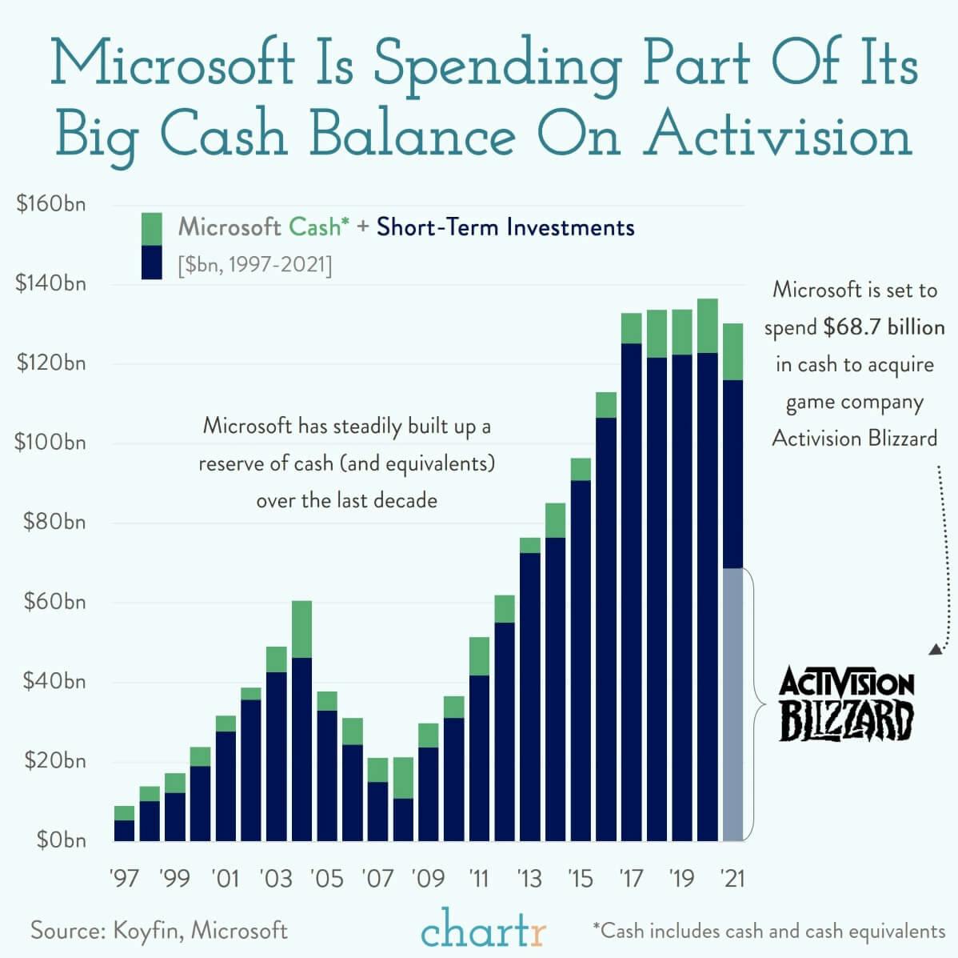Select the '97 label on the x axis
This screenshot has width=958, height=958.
[124, 879]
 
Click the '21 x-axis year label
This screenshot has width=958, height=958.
[732, 879]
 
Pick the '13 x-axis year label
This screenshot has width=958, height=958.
[529, 879]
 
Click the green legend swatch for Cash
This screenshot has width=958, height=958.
[151, 228]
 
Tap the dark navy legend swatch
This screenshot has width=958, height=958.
[151, 262]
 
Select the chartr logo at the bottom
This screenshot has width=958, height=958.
[484, 932]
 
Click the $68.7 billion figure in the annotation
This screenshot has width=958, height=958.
[884, 327]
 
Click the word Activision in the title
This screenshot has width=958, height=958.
[778, 134]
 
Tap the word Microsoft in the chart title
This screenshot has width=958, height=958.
[171, 62]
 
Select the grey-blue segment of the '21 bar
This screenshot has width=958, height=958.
[732, 704]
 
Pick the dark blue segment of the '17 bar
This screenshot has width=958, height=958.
[631, 592]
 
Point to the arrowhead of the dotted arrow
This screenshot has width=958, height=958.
[934, 650]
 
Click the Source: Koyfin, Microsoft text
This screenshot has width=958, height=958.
[159, 931]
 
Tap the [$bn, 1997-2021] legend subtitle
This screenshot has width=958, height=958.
[254, 264]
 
